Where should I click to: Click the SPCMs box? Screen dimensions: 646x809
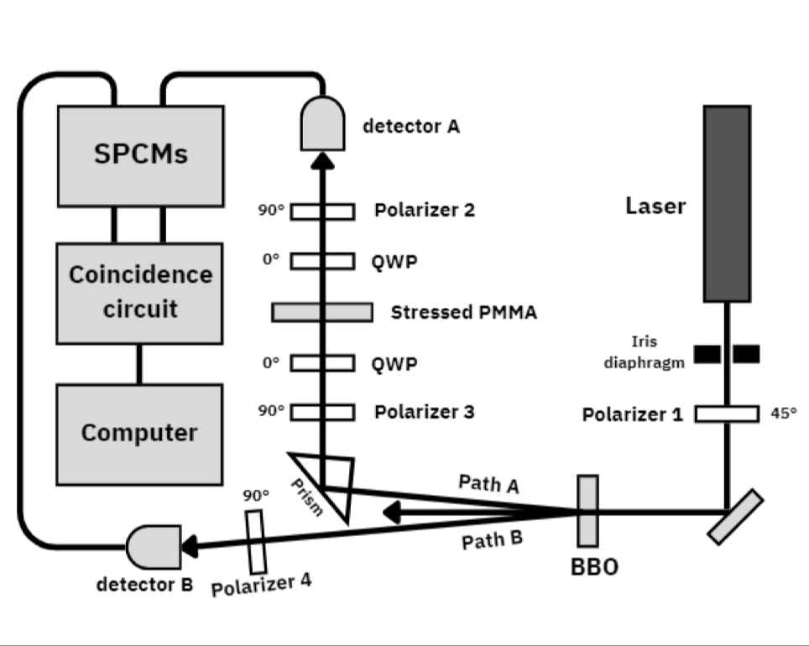click(x=140, y=155)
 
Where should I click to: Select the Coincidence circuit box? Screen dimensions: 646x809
click(x=140, y=293)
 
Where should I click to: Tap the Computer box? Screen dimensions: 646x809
click(x=139, y=434)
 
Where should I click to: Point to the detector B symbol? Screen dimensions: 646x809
click(x=153, y=546)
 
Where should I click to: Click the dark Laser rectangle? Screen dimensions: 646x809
click(x=727, y=203)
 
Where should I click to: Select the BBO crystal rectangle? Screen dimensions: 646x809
click(x=588, y=510)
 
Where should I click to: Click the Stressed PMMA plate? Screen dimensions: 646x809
click(x=322, y=312)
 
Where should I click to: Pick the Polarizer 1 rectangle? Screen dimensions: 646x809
click(x=727, y=414)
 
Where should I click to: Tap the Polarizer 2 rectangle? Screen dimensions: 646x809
click(x=322, y=211)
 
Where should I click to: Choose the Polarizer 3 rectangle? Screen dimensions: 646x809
click(x=322, y=412)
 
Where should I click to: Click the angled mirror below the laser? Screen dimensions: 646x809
click(x=735, y=518)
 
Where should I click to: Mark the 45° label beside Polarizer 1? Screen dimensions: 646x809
click(x=783, y=413)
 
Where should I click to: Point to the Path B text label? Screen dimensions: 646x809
click(x=492, y=539)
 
